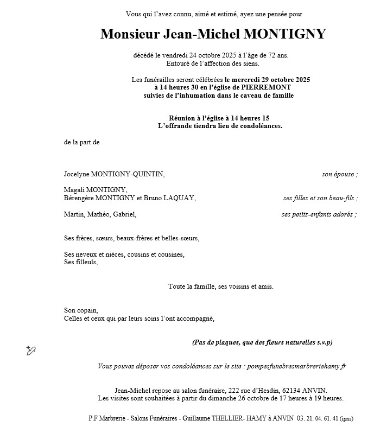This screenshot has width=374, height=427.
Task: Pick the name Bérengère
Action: coord(79,198)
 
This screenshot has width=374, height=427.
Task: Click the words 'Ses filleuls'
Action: coord(80,262)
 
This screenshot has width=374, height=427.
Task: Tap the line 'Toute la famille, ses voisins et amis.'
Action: coord(221,286)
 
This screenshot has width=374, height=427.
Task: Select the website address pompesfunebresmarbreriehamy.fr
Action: coord(296,366)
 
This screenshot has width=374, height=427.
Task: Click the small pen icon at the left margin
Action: coord(31,350)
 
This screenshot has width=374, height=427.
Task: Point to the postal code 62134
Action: coord(286,391)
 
